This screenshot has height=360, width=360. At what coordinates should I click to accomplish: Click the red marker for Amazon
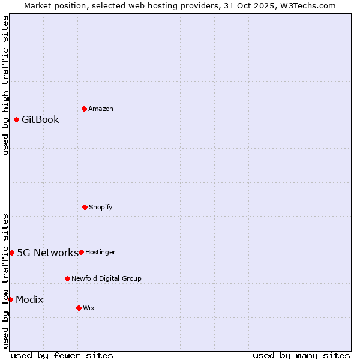pos(84,109)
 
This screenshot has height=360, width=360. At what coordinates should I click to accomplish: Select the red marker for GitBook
pos(16,119)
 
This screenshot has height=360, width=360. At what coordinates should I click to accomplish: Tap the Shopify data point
pos(85,207)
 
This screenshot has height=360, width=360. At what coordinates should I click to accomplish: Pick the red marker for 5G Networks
pos(11,253)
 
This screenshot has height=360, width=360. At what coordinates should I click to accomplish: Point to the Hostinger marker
pos(81,252)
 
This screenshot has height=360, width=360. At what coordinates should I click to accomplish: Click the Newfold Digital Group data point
pos(67,278)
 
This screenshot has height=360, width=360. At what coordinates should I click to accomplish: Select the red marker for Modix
pos(10,299)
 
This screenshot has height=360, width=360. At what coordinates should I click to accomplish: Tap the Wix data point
pos(79,308)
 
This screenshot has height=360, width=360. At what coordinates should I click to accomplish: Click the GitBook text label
pos(40,119)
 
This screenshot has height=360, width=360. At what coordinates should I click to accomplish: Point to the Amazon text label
pos(100,109)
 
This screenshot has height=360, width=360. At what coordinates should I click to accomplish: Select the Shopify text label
pos(100,207)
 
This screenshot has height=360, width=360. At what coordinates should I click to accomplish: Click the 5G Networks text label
pos(47,253)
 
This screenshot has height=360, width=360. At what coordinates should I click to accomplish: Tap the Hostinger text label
pos(100,252)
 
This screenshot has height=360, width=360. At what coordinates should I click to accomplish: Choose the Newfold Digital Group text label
pos(106,278)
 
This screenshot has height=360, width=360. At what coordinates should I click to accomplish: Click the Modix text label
pos(29,299)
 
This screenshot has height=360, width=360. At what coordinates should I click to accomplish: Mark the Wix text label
pos(88,308)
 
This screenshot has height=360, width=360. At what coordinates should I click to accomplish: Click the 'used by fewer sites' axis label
pos(62,355)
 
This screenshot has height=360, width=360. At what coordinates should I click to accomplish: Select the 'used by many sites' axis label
pos(301,355)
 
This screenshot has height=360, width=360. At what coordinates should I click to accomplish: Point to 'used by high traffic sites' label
pos(5,85)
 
